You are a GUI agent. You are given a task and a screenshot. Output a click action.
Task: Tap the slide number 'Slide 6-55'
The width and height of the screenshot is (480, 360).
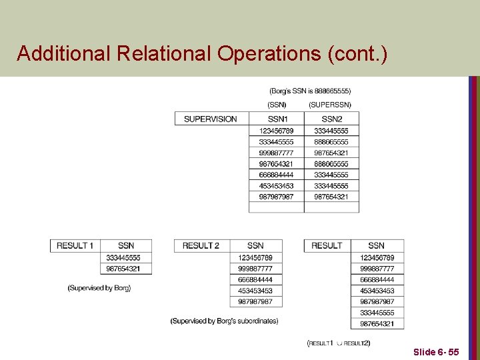coord(435,351)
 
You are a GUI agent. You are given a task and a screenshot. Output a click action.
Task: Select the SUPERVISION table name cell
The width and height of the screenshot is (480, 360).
coord(211,119)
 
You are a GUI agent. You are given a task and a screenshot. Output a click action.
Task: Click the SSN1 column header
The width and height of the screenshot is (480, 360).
coord(276,119)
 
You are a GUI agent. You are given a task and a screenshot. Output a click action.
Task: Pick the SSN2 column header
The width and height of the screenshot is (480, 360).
coord(331,119)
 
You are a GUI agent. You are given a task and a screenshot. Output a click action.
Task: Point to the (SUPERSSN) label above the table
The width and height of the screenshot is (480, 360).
coord(330,105)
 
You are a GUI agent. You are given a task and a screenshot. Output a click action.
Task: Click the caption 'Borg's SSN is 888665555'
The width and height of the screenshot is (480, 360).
coord(310,91)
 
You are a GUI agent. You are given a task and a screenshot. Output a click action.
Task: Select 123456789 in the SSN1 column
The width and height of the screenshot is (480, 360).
coord(276,131)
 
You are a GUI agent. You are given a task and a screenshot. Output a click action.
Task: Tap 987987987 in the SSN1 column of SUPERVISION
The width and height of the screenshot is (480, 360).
coord(276,197)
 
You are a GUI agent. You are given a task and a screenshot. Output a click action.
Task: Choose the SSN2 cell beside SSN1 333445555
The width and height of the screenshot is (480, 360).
coord(331,142)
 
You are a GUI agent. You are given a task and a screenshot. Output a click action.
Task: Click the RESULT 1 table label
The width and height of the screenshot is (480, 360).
coord(75,245)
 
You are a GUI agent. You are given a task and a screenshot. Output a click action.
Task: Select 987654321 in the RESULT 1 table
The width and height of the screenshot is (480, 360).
coord(123,269)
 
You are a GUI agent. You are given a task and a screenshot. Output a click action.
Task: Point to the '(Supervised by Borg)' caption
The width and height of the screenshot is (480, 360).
coord(99,288)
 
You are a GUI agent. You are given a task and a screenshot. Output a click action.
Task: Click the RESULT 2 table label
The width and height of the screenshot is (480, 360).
coord(201,245)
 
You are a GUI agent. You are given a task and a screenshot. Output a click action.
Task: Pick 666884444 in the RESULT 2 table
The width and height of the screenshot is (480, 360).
coord(255,279)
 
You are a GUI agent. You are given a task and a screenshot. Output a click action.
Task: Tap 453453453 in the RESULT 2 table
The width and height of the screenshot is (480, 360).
coord(255,291)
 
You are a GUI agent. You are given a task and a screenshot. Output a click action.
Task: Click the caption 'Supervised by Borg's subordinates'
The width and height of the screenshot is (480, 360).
coord(224,321)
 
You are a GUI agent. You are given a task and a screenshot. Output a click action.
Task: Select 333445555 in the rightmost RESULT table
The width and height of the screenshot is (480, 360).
coord(377,313)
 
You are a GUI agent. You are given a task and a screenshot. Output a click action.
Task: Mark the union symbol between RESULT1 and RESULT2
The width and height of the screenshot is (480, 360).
coord(339,343)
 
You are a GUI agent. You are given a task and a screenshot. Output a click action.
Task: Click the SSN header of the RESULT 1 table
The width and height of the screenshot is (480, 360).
coord(125,245)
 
